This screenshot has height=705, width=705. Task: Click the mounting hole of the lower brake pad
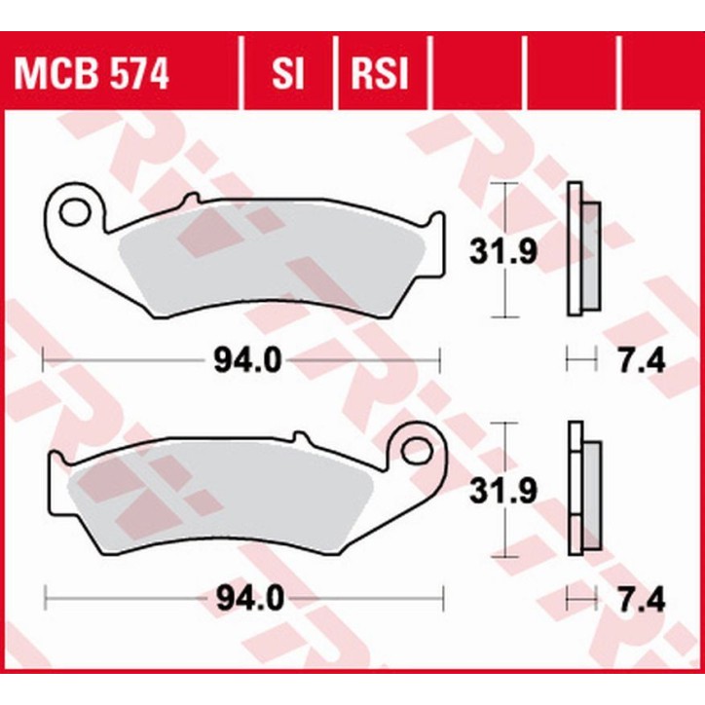(x=416, y=450)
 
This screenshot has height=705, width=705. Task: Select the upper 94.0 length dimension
(x=247, y=361)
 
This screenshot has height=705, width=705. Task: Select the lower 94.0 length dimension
(x=247, y=598)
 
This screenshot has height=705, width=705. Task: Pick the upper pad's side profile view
(x=582, y=250)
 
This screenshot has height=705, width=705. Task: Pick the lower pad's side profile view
(x=582, y=489)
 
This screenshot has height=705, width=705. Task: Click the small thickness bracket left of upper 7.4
(x=581, y=361)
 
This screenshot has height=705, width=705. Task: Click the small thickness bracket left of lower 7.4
(x=581, y=598)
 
